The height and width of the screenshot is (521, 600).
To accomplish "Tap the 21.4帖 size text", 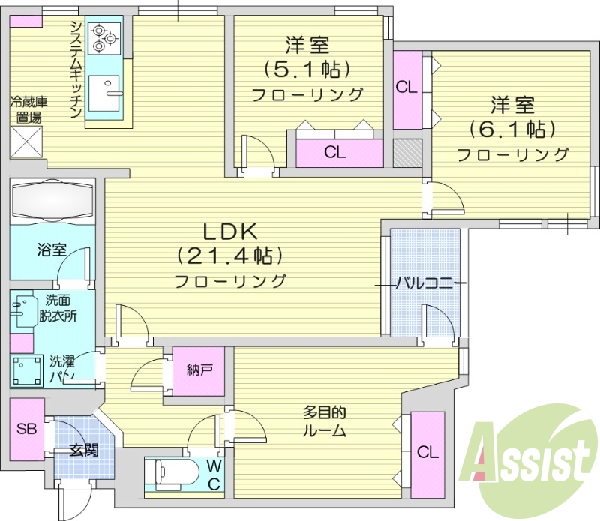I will point(229,256).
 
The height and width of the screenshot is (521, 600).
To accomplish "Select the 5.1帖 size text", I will point(307,70).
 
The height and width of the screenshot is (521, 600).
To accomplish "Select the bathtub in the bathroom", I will point(52,201).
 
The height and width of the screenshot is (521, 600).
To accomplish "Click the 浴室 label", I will point(52,249).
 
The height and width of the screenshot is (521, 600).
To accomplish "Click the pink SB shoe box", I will point(27,430).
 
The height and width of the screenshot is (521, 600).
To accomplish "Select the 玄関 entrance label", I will point(83,451).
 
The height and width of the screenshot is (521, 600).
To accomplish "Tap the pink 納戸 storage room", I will point(199,370).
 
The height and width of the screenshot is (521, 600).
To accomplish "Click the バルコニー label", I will point(430,283).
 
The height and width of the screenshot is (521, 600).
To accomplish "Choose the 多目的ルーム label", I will point(325,421).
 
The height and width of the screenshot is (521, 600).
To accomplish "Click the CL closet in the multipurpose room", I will point(427,452).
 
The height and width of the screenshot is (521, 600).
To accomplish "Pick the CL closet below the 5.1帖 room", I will point(335,153).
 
